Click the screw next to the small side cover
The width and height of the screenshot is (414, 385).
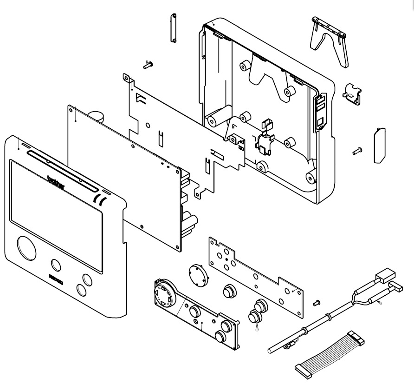tap(357, 150)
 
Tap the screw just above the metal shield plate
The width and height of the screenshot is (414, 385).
tap(149, 65)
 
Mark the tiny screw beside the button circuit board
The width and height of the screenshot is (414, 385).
tap(317, 302)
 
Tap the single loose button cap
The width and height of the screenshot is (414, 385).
tap(228, 291)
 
